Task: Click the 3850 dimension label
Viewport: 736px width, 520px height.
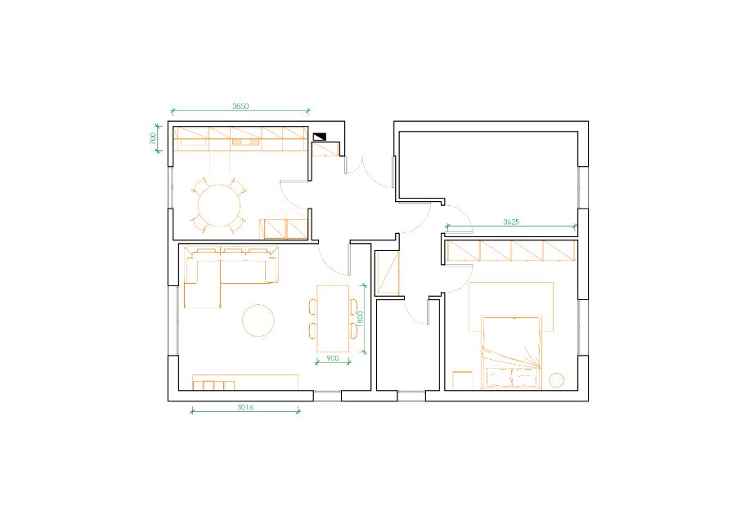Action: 240,106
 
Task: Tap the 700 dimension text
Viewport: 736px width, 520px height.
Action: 153,138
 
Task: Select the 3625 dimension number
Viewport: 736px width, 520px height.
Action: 511,222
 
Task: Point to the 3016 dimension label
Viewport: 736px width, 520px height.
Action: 245,407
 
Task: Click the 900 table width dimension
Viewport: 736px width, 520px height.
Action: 333,358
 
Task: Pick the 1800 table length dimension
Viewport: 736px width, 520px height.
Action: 361,318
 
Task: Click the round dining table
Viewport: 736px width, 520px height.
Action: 219,205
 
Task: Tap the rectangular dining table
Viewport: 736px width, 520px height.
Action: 333,319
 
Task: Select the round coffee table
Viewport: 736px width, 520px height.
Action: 258,321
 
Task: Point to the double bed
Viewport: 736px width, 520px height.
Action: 512,352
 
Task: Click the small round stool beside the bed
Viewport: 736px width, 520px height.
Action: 557,380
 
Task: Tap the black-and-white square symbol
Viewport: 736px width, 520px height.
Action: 319,137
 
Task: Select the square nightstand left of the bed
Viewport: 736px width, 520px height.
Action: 462,380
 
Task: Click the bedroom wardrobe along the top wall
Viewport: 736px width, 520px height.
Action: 511,251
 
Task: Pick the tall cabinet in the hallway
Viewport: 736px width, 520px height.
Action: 388,272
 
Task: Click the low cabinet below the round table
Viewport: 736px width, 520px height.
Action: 285,229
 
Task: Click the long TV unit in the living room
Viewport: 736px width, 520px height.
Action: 245,382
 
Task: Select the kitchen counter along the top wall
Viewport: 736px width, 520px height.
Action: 240,139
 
